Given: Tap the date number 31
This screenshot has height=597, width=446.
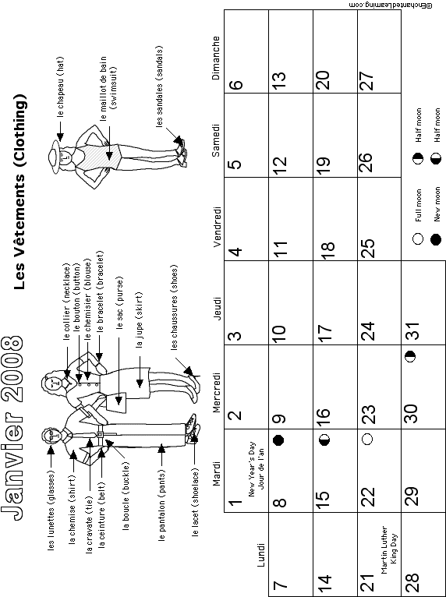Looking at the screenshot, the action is point(412,330).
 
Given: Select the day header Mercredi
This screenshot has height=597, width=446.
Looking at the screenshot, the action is point(216,393).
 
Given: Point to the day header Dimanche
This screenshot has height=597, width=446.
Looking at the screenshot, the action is point(216,58).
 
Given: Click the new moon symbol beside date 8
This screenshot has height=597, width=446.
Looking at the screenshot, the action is point(278,440).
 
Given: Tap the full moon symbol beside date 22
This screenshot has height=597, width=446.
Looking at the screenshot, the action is point(367,439).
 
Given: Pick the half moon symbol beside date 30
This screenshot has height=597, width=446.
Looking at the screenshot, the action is point(411,356).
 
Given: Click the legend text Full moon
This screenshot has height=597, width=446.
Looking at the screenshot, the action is point(418,205).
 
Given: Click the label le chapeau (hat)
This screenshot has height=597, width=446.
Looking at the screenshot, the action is point(61,87).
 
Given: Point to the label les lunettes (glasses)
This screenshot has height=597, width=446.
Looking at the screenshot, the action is point(51,510).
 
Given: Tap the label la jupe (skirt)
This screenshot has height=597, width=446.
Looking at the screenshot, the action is point(139,320).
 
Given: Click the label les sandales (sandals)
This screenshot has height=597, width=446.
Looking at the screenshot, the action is point(159,86).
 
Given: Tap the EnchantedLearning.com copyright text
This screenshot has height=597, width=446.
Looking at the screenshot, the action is point(391,5).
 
